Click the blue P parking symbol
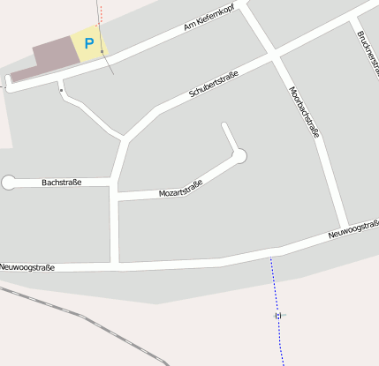[x=88, y=43]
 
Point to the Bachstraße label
[x=61, y=183]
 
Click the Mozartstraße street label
[x=180, y=188]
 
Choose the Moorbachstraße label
[x=303, y=112]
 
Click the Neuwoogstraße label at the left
[x=27, y=266]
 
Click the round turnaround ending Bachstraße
[x=10, y=183]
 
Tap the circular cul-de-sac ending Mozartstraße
[x=239, y=156]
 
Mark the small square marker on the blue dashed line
[x=277, y=315]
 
